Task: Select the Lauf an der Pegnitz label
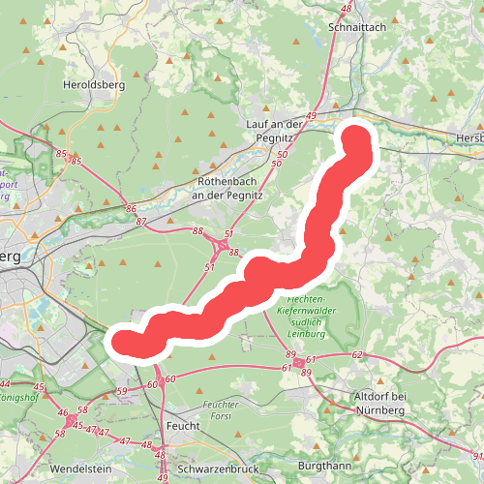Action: tap(275, 131)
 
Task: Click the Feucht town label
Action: tap(183, 425)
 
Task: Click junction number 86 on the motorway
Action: tap(130, 208)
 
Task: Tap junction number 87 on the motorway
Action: tap(142, 222)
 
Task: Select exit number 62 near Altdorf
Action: tap(357, 355)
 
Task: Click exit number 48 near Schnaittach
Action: tap(348, 10)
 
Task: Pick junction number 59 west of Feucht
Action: tap(121, 391)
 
